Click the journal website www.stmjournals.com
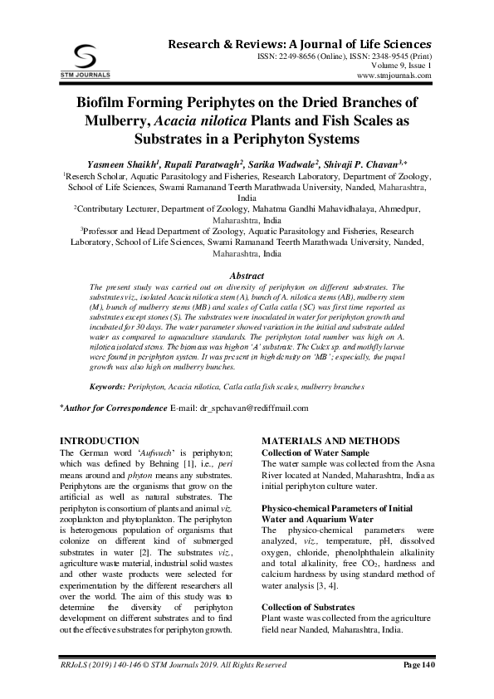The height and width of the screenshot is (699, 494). click(x=394, y=75)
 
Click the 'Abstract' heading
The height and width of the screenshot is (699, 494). click(x=246, y=274)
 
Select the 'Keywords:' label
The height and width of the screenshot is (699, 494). click(x=107, y=387)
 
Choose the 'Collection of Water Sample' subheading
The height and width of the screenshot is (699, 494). click(x=315, y=452)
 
